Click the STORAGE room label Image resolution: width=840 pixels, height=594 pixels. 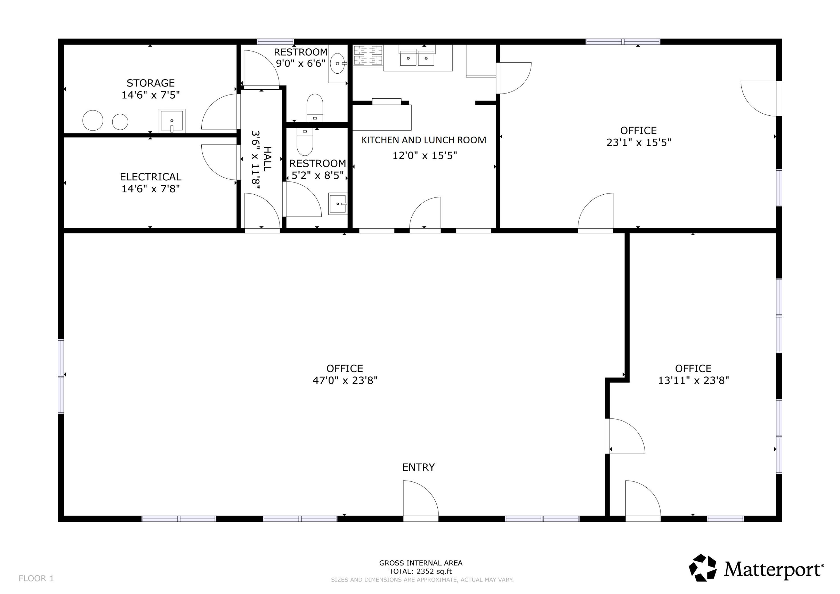150,83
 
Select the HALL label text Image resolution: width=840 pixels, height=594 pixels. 267,159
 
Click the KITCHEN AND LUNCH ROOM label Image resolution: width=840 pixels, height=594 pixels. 424,140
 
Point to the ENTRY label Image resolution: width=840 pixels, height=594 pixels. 418,467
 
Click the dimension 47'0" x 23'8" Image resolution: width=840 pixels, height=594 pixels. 345,381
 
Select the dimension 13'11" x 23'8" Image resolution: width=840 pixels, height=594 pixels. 693,381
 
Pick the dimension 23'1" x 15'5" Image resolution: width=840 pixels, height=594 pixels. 638,142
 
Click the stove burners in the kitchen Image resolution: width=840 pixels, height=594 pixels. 368,55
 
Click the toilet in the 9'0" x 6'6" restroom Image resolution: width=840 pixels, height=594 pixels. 315,108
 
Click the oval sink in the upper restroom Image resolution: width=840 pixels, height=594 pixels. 337,63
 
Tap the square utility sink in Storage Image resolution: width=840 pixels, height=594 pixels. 172,121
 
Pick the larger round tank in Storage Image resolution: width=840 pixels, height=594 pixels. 93,120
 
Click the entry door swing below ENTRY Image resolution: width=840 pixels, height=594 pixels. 420,499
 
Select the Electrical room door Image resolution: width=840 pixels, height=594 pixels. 220,162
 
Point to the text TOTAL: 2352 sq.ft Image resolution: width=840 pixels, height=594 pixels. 420,571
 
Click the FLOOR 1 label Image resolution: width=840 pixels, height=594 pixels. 36,578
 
